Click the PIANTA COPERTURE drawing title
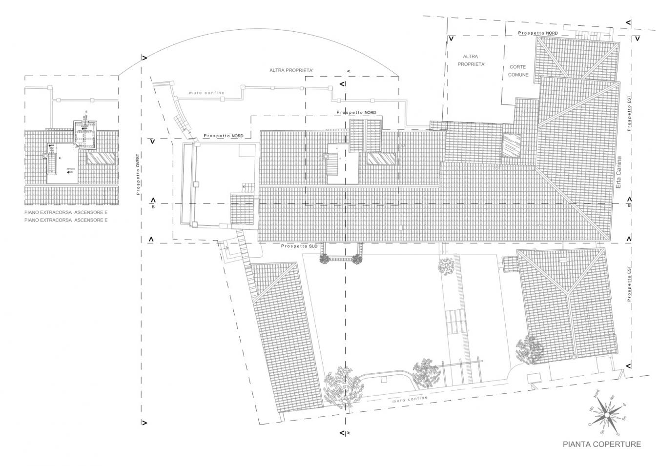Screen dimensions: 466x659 point(601,444)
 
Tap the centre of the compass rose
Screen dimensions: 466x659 point(606,415)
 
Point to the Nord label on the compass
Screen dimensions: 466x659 point(596,393)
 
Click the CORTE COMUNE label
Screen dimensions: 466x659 point(518,71)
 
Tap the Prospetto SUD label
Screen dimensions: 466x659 point(299,246)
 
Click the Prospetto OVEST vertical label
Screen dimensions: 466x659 point(138,172)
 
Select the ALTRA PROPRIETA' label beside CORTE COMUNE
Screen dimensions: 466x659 point(471,60)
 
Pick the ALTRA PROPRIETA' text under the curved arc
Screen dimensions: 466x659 point(291,71)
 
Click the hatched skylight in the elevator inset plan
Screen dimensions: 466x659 point(101,158)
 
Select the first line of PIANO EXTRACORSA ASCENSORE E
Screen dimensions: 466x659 point(66,213)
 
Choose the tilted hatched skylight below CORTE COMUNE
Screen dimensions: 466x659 point(512,145)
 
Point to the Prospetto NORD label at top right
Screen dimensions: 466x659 point(538,33)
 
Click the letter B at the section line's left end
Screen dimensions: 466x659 point(153,207)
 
